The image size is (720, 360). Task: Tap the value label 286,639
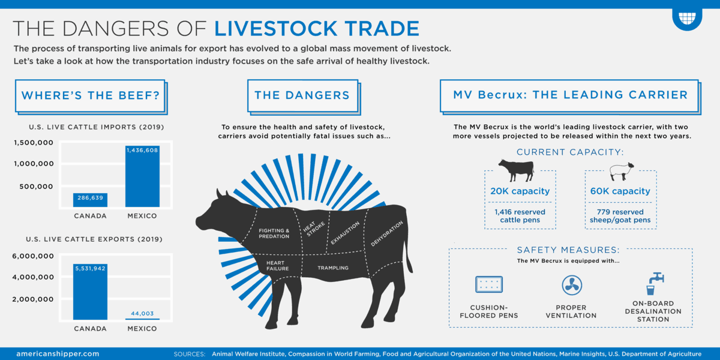pos(90,197)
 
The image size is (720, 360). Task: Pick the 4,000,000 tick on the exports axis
pos(34,277)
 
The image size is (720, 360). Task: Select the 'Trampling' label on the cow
pos(333,268)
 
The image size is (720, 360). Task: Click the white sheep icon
pos(620,171)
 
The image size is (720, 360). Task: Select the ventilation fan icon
pos(571,285)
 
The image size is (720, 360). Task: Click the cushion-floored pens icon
pos(489,284)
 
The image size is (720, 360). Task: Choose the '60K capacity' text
pos(620,191)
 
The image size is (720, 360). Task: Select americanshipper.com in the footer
pos(58,354)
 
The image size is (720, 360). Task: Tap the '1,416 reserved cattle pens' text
pos(520,216)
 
